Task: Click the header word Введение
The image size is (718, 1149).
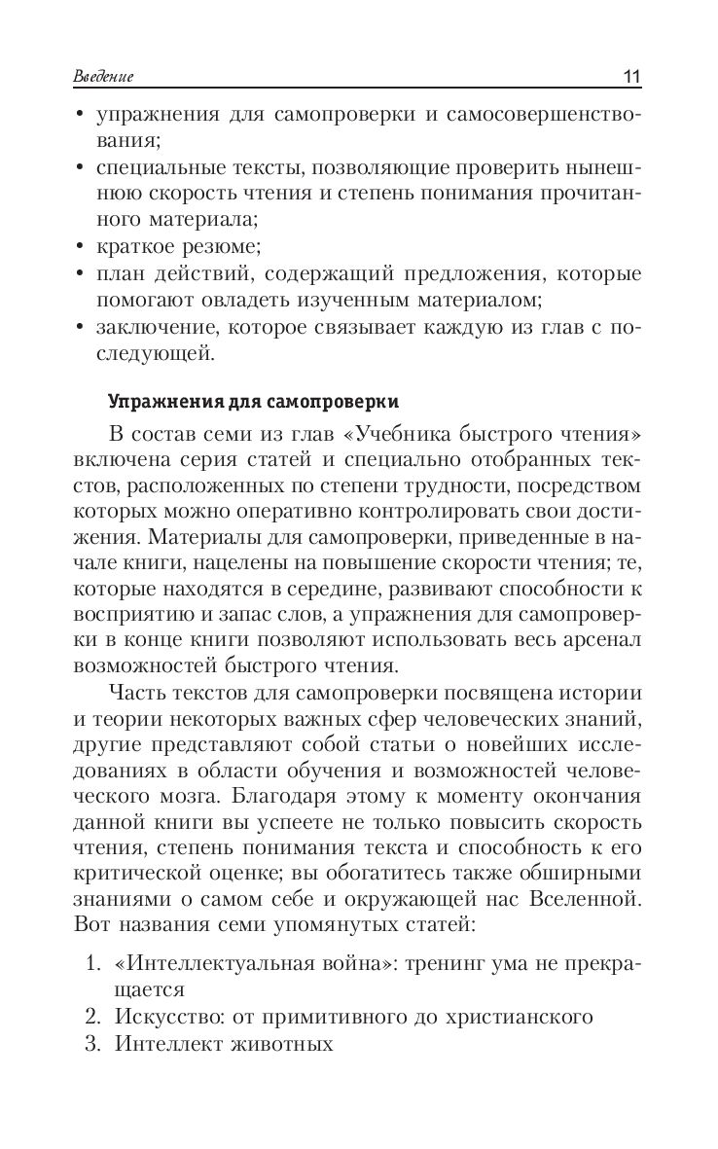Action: click(x=103, y=77)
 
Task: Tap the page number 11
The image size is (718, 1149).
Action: click(x=631, y=77)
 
